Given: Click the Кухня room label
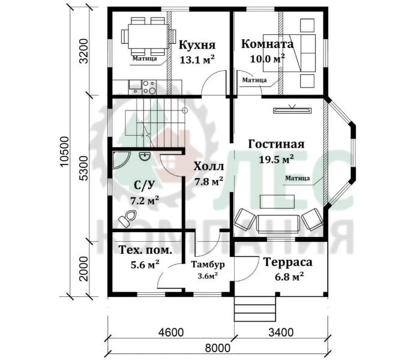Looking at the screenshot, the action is pyautogui.click(x=197, y=45).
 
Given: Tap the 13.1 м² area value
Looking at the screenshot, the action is pyautogui.click(x=197, y=59).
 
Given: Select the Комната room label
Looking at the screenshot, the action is pyautogui.click(x=267, y=44).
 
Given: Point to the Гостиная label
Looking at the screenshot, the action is pyautogui.click(x=276, y=144).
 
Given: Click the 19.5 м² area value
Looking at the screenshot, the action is pyautogui.click(x=276, y=159).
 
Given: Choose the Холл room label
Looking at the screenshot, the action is pyautogui.click(x=209, y=166).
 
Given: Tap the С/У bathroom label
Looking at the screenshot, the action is pyautogui.click(x=145, y=185).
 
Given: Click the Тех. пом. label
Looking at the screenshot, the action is pyautogui.click(x=145, y=250).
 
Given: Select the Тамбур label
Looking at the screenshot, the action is pyautogui.click(x=208, y=265).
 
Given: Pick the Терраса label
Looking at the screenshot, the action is pyautogui.click(x=288, y=262).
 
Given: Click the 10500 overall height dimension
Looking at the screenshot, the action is pyautogui.click(x=65, y=152).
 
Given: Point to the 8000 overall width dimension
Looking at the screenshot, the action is pyautogui.click(x=217, y=348).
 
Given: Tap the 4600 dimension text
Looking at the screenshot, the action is pyautogui.click(x=171, y=332).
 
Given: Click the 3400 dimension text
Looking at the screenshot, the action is pyautogui.click(x=281, y=332).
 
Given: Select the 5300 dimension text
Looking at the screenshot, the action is pyautogui.click(x=84, y=168).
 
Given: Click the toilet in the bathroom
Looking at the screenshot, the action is pyautogui.click(x=127, y=218).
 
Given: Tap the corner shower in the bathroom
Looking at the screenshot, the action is pyautogui.click(x=120, y=160).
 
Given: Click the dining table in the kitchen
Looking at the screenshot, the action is pyautogui.click(x=149, y=36).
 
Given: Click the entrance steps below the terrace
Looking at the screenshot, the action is pyautogui.click(x=255, y=309).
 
